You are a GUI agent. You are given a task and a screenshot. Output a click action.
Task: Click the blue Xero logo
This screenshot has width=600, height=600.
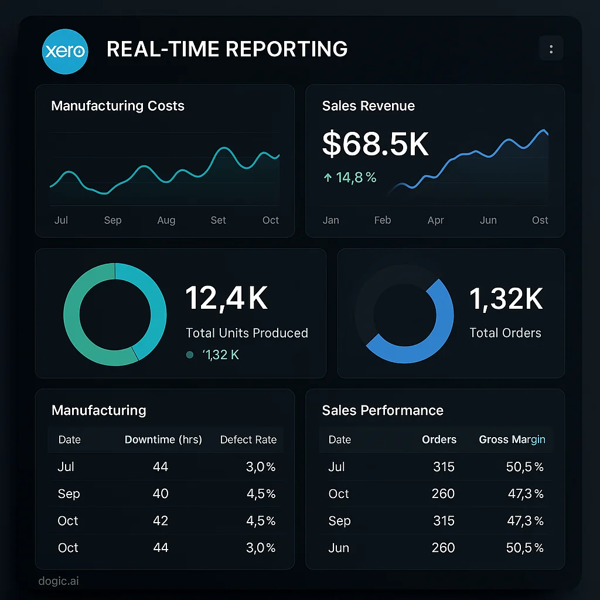coord(64,51)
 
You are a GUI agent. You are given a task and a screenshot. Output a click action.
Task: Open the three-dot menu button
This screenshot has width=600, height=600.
coord(551,50)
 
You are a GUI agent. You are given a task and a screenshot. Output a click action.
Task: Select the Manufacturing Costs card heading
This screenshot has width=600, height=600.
coord(118,106)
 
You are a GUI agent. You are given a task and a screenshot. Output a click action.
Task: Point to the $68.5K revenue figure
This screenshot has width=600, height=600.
coord(376,144)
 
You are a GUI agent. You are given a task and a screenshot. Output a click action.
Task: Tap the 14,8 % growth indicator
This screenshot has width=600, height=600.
coord(350,178)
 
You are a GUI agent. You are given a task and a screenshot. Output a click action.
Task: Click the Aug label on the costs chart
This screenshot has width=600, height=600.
coord(166,220)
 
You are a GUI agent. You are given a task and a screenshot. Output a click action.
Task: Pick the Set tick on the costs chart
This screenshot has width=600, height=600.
coord(219,220)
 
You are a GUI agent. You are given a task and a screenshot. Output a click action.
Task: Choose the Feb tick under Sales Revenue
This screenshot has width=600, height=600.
coord(383,220)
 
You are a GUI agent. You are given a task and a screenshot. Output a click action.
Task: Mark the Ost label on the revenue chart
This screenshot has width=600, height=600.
coord(540,220)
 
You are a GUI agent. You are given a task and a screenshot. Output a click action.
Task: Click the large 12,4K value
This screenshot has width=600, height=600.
coord(227,298)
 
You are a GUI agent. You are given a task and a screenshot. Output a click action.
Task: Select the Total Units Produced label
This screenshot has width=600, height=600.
coord(247,333)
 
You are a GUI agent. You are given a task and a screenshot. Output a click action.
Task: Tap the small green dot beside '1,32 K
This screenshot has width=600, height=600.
coord(189,354)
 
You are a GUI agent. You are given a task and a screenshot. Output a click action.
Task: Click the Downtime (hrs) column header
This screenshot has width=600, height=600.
coord(163,439)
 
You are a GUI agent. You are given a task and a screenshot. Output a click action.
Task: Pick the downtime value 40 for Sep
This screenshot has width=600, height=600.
coord(161,494)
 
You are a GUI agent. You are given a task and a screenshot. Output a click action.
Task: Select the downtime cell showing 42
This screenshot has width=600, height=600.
coord(161,521)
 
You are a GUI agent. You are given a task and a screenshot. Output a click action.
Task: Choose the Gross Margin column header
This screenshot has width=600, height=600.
coord(512,439)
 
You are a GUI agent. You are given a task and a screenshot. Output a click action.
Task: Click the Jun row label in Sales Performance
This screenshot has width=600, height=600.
coord(339,548)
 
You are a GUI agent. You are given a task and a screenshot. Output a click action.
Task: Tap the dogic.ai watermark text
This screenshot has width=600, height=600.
coord(58,581)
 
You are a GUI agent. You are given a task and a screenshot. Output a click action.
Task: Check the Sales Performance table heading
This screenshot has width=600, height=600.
coord(383,410)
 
